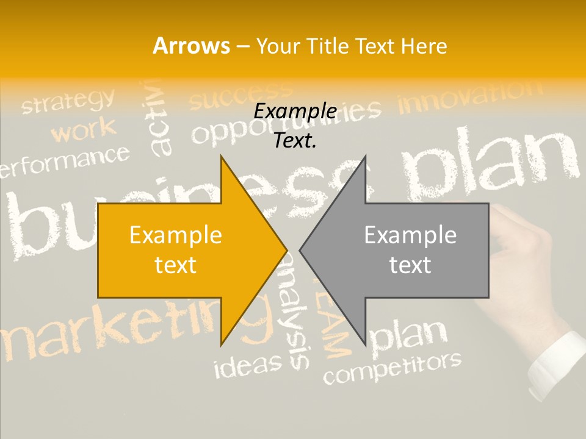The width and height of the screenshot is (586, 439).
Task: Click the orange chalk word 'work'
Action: pyautogui.click(x=84, y=130)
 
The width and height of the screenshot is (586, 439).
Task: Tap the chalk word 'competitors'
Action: pyautogui.click(x=392, y=368)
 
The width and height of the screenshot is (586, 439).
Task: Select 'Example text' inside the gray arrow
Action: pyautogui.click(x=410, y=250)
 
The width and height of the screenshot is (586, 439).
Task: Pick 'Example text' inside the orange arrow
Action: pyautogui.click(x=176, y=250)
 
